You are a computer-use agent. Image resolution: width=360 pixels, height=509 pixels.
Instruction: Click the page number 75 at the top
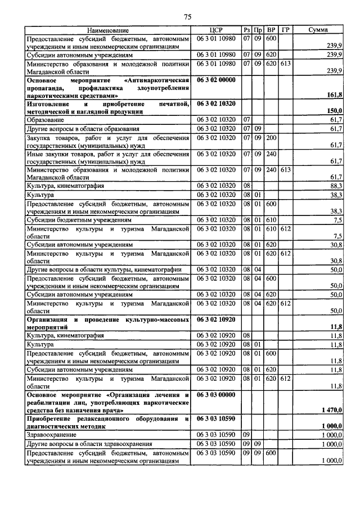(x=188, y=16)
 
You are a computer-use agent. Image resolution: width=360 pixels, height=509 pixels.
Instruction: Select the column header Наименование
(x=107, y=30)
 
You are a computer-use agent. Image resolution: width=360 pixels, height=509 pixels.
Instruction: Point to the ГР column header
(x=285, y=30)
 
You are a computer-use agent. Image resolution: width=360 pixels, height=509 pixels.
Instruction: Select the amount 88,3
(x=336, y=185)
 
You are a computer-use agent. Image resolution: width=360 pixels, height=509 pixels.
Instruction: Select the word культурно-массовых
(x=160, y=319)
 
